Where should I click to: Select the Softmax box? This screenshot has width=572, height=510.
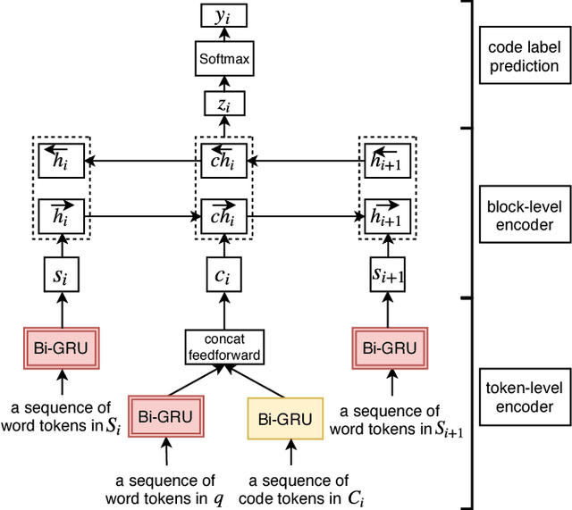pos(224,61)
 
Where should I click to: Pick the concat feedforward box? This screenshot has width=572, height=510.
pos(224,347)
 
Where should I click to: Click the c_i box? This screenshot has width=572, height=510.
pos(224,276)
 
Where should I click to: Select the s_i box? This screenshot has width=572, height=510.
pos(62,276)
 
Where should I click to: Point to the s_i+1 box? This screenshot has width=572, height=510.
pos(387,276)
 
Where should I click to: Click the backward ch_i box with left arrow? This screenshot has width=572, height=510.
pos(224,162)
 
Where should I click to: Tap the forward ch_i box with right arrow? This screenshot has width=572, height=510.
pos(224,215)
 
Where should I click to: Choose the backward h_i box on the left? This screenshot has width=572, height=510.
pos(62,162)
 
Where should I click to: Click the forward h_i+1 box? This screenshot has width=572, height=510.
pos(387,215)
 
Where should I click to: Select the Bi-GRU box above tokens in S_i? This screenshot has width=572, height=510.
pos(62,347)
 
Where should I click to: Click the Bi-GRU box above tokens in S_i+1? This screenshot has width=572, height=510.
pos(387,347)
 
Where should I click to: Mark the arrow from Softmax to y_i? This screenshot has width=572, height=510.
pos(224,39)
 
